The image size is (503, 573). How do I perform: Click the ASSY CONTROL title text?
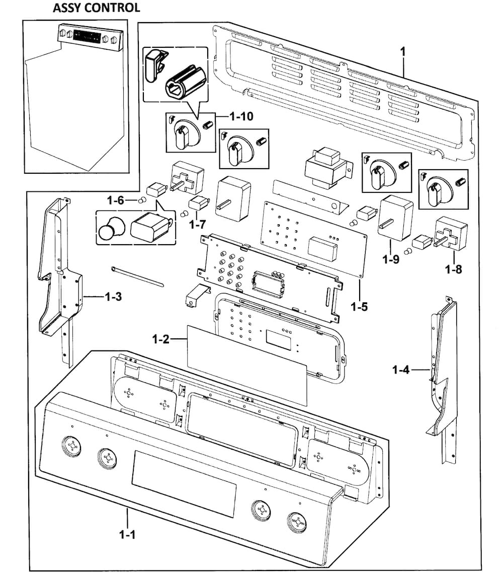[96, 8]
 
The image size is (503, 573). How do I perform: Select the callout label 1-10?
[241, 117]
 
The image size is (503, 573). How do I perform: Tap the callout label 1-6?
[115, 200]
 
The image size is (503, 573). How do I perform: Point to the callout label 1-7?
[198, 225]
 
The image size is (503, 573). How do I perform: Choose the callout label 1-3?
[113, 297]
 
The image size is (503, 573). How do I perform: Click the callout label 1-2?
[161, 339]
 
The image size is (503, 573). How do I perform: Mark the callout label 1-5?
[360, 305]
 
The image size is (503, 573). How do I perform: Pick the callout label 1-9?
[390, 260]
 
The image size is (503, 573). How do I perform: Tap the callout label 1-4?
[401, 371]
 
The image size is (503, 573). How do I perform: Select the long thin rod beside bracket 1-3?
[137, 276]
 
